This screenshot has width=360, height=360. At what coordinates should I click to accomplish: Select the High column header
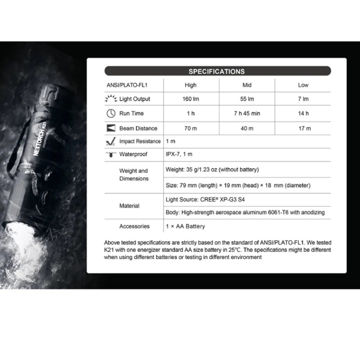point(190,85)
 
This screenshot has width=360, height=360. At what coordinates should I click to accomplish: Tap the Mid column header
point(247,85)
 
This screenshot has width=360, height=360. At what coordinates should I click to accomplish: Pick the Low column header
point(303,85)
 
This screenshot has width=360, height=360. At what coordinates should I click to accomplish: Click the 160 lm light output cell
point(190,99)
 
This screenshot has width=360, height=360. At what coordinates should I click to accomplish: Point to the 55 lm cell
point(247,99)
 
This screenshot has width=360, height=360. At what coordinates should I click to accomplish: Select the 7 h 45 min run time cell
point(247,113)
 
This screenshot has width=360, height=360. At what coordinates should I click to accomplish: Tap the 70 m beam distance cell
point(190,128)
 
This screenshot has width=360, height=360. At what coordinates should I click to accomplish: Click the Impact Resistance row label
point(139,141)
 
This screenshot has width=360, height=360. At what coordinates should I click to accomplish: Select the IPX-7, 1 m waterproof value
point(179,154)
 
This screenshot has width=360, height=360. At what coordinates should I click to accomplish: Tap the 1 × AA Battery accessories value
point(185,226)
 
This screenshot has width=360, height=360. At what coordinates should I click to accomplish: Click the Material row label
point(129,206)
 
